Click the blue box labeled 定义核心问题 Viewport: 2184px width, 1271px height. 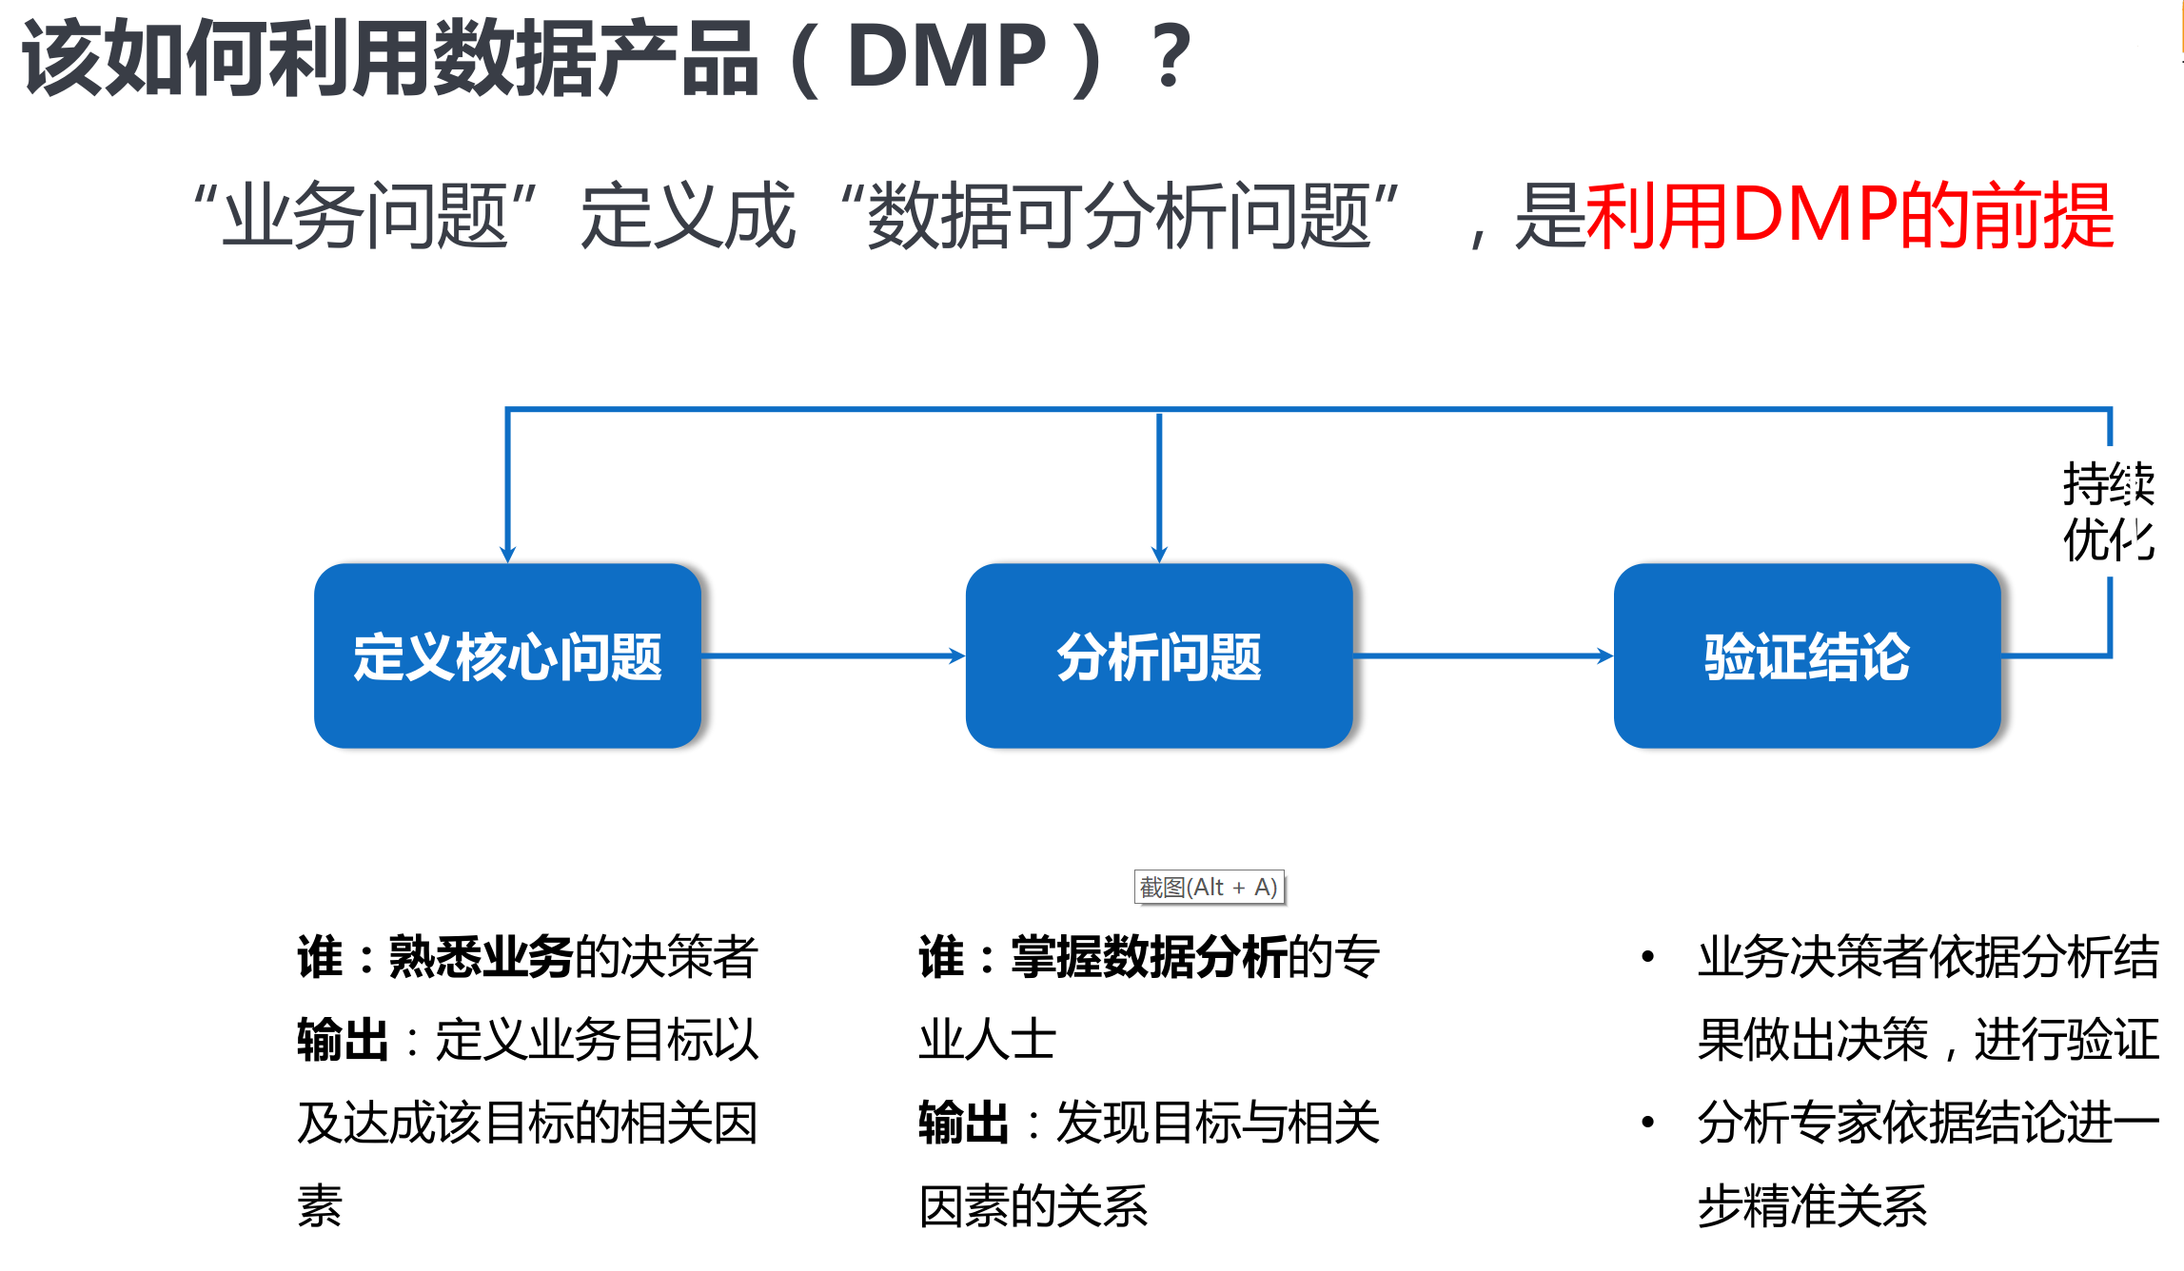click(x=507, y=655)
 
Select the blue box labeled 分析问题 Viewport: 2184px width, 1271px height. click(x=1159, y=655)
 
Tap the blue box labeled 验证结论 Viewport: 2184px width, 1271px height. click(x=1807, y=655)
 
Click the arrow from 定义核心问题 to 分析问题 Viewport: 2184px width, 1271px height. click(x=834, y=655)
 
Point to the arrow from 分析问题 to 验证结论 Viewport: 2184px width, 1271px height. click(x=1484, y=655)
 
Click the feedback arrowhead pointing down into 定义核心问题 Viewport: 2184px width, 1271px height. click(x=508, y=555)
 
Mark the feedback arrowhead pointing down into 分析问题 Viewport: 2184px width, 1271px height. click(x=1159, y=555)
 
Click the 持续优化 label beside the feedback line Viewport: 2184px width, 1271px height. click(x=2108, y=512)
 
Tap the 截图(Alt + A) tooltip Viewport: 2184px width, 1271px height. click(x=1210, y=887)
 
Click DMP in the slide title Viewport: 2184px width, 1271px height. click(x=947, y=56)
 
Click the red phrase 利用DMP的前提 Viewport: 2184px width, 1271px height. click(x=1850, y=216)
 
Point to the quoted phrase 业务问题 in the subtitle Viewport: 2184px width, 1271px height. click(x=365, y=216)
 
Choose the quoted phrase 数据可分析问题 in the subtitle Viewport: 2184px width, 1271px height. click(x=1120, y=216)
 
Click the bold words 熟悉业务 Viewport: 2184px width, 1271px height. click(x=481, y=957)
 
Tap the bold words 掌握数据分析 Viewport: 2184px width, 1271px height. click(x=1149, y=957)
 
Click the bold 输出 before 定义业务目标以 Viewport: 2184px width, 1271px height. click(x=343, y=1040)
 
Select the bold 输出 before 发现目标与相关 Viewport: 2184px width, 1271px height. click(x=963, y=1123)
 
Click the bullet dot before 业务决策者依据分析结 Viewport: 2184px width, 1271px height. click(x=1647, y=956)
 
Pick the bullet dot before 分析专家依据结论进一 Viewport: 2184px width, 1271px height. click(x=1647, y=1123)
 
